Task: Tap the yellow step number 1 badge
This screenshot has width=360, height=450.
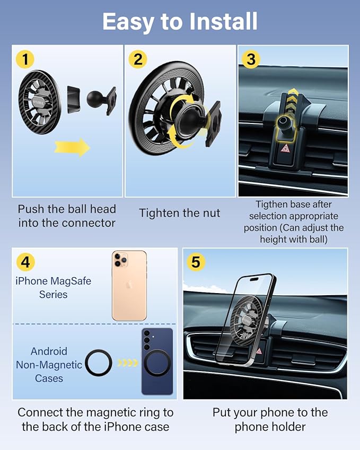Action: point(25,59)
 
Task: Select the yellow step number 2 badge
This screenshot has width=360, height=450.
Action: point(138,59)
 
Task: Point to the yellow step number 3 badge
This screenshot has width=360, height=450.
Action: point(251,59)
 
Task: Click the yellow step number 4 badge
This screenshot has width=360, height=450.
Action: point(25,262)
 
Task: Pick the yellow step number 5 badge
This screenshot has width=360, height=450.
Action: point(196,262)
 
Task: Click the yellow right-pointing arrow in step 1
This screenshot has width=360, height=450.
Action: point(72,147)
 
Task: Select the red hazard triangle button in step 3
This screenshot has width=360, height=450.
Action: point(285,148)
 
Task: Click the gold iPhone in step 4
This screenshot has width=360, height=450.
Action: point(129,286)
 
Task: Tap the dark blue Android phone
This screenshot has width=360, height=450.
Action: point(157,361)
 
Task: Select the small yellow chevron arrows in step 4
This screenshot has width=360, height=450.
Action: point(128,363)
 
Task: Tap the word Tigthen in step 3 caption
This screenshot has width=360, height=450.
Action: point(270,205)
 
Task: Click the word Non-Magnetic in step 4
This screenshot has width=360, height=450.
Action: point(49,365)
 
